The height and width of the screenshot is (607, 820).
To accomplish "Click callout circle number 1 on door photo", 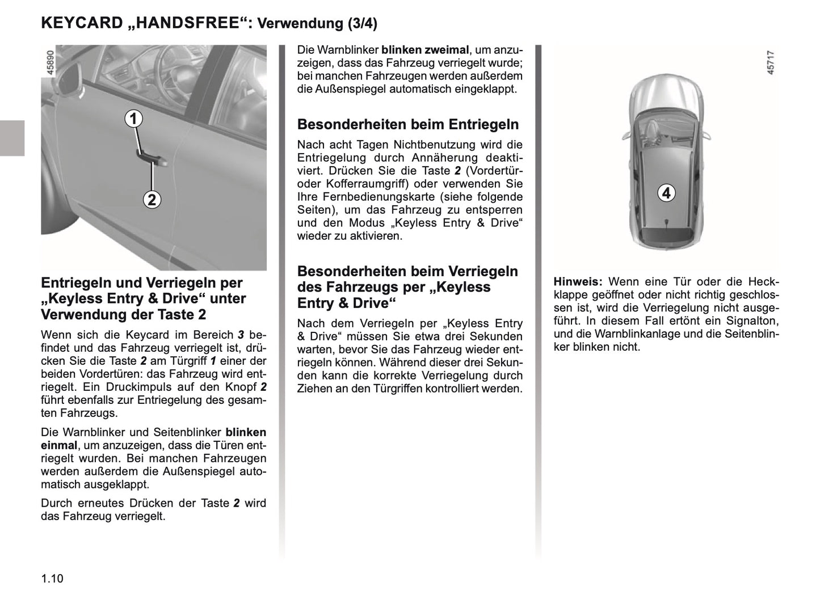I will pos(133,119).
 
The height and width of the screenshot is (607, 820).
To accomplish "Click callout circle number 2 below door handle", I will pos(152,200).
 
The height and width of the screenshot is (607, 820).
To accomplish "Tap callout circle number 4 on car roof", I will pos(666,193).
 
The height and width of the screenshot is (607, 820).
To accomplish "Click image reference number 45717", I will pos(770,63).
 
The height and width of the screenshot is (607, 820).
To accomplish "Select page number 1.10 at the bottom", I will pos(52,579).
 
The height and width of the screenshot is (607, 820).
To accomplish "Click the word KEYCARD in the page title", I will pos(82,23).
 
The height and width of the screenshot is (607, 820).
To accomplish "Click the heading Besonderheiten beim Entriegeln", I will pos(408,124).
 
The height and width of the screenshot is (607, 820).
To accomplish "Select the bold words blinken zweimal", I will pos(425,50).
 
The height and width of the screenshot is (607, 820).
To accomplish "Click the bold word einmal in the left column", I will pos(58,445).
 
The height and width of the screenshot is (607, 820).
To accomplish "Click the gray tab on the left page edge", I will pos(12,138).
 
